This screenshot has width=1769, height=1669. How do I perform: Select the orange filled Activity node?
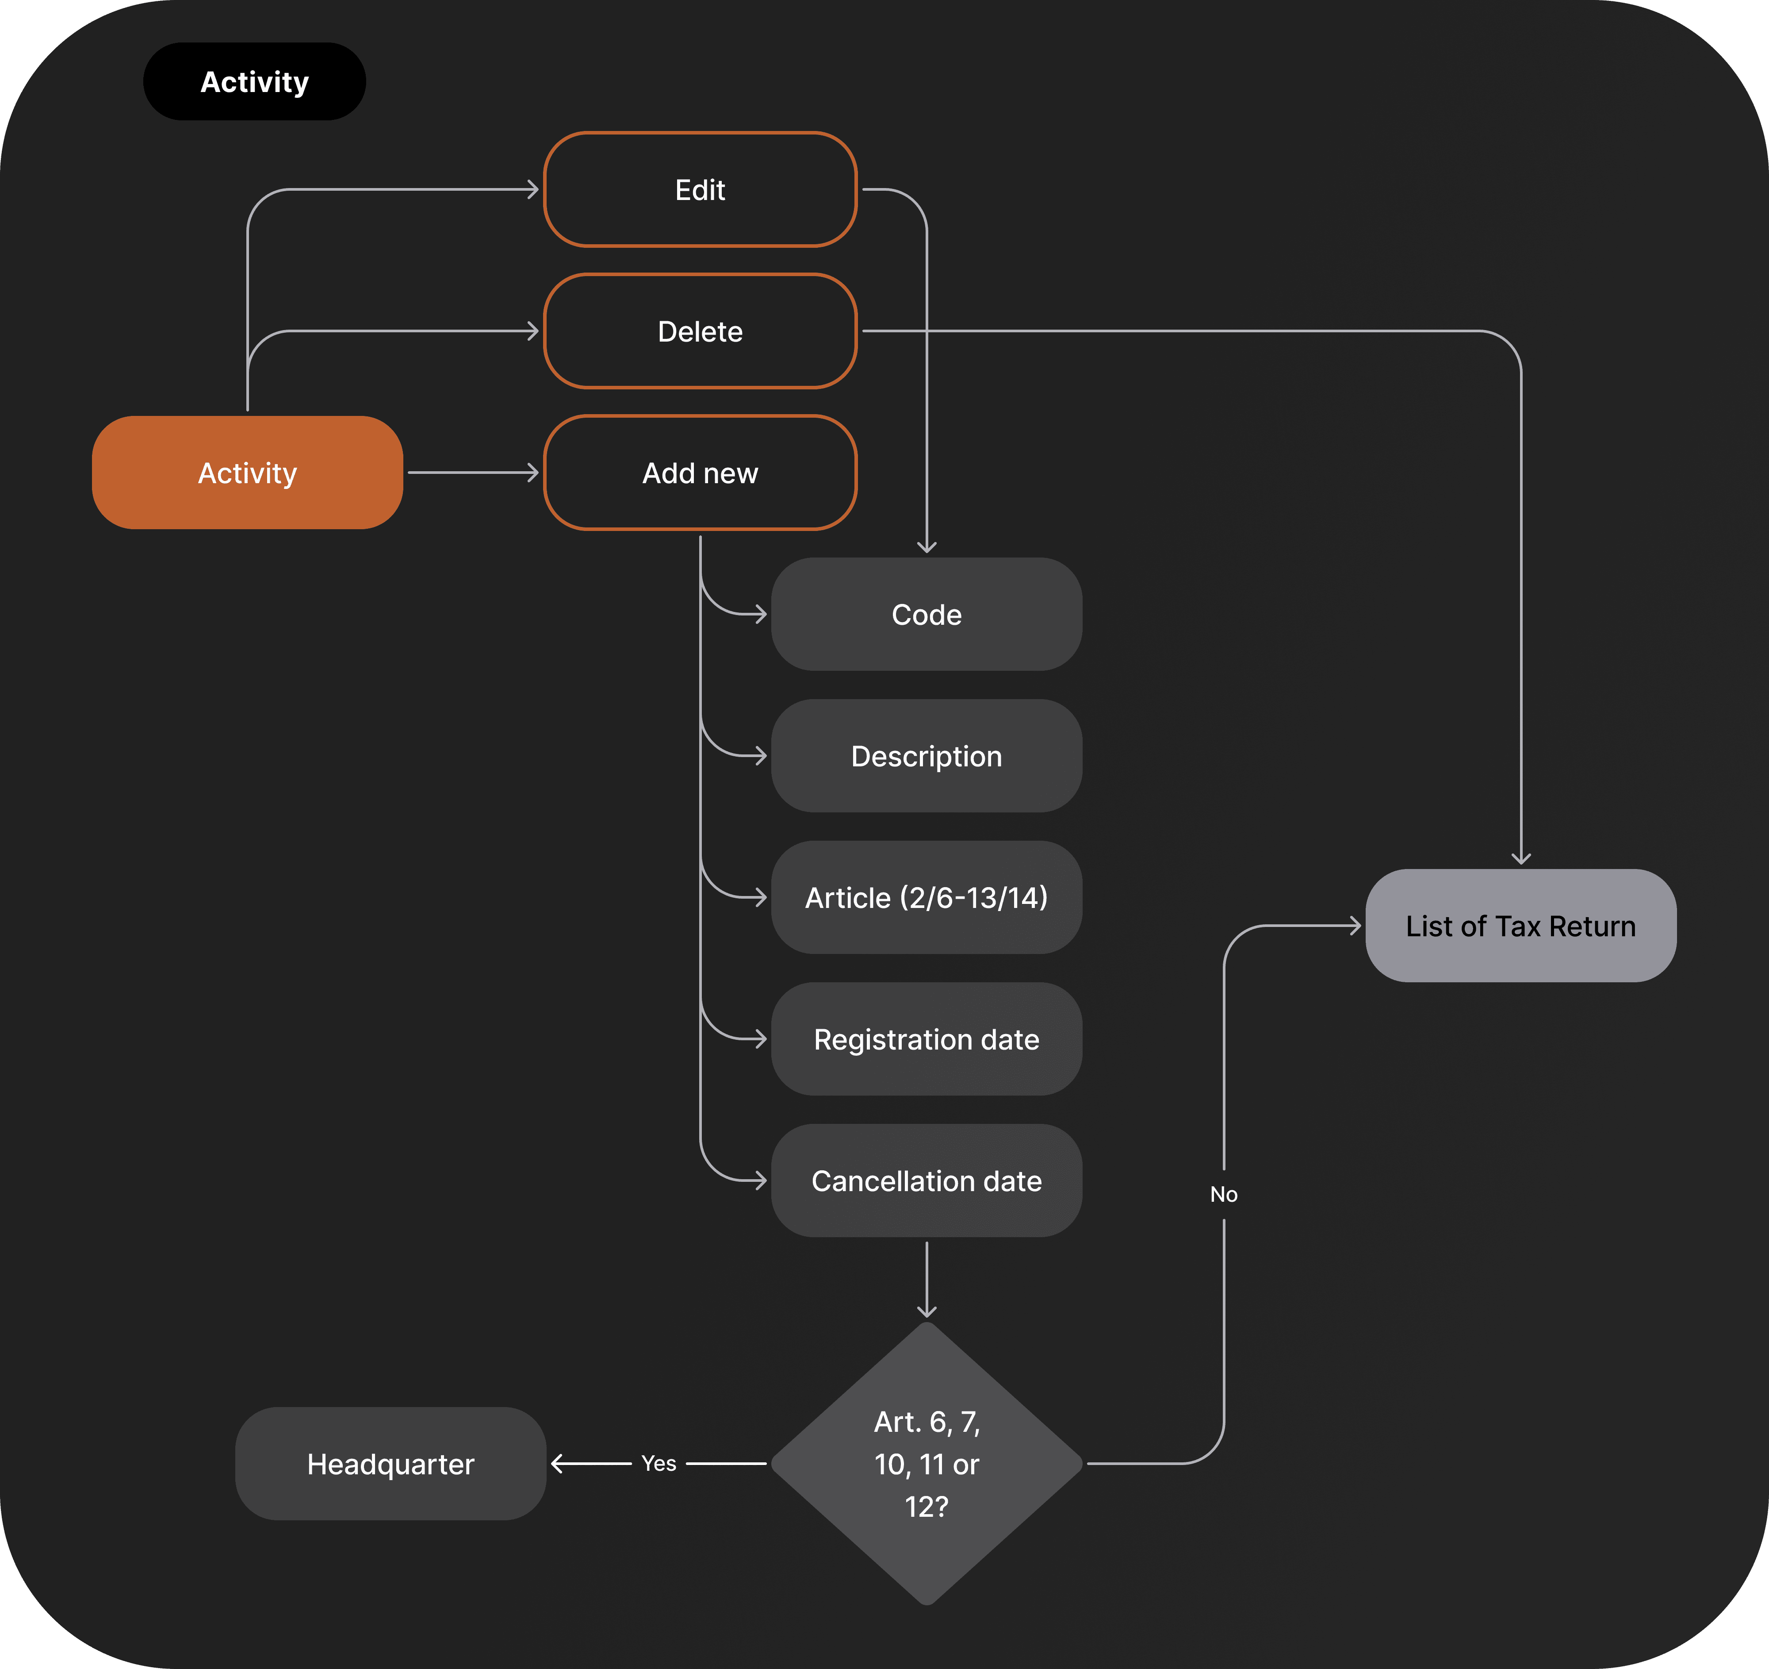click(x=247, y=473)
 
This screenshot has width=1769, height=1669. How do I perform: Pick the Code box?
click(x=927, y=614)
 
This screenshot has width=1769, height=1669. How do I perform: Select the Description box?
click(x=927, y=756)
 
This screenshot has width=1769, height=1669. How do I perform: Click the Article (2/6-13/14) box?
click(x=927, y=897)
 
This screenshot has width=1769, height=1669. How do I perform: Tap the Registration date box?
click(x=927, y=1039)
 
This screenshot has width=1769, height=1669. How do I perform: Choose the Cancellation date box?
click(x=927, y=1181)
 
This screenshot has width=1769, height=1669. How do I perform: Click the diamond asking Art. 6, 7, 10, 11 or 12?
click(x=927, y=1463)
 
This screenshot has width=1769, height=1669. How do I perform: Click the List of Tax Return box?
click(x=1521, y=926)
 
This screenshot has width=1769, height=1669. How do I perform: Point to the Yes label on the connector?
click(x=659, y=1463)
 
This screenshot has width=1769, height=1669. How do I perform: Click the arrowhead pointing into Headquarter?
click(x=557, y=1463)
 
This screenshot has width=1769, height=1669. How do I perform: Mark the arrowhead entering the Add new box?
click(x=534, y=473)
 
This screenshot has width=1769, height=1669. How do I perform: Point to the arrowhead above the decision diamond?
click(x=927, y=1312)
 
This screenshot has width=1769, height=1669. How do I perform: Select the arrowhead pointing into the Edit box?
click(x=534, y=189)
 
